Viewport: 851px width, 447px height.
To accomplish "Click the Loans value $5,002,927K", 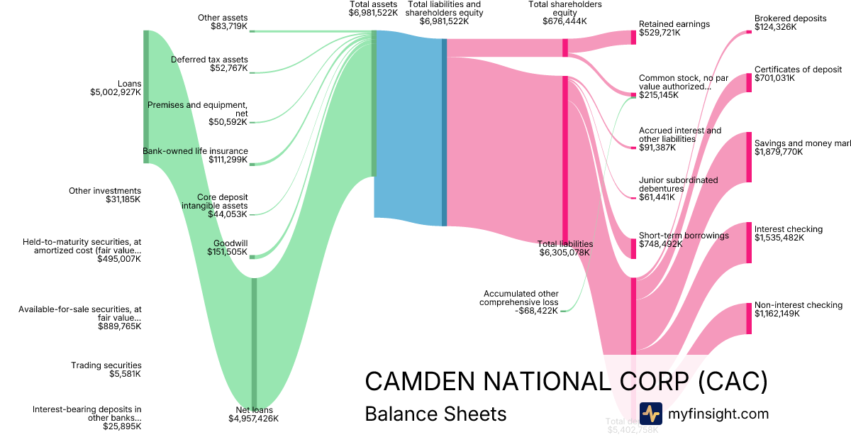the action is point(116,92).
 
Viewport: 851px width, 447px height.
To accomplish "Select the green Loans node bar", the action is point(146,96).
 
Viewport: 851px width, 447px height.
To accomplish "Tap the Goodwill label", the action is point(230,243).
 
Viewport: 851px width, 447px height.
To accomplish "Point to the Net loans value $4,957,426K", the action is point(252,419).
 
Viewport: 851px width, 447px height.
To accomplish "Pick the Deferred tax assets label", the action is point(209,60).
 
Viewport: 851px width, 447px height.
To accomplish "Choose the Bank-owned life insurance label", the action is point(195,151).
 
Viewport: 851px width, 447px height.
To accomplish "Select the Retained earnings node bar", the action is point(633,38).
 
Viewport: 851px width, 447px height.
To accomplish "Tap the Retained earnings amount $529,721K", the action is point(664,33).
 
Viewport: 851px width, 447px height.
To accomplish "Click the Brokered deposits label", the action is point(790,18).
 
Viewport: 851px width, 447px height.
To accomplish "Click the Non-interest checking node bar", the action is point(749,318).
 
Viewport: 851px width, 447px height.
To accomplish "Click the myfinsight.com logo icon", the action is point(650,414).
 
